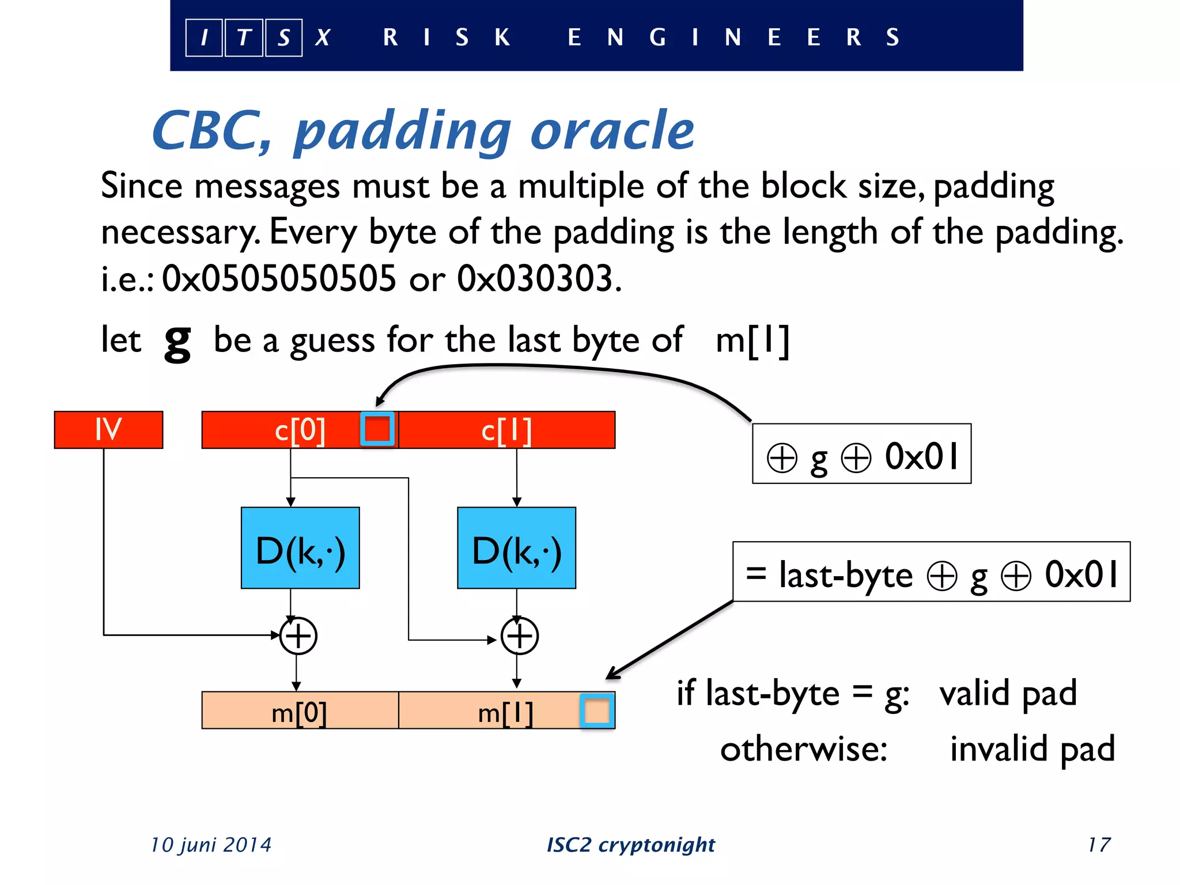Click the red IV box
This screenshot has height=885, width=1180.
[108, 429]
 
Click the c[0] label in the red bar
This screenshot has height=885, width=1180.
[300, 430]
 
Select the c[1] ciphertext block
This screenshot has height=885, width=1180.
[506, 430]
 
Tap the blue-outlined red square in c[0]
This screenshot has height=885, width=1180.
[377, 429]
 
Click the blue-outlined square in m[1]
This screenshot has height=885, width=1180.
[597, 711]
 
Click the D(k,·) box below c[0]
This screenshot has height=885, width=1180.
[300, 548]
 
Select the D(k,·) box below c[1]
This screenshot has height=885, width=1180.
[516, 548]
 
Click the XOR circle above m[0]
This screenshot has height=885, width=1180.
[298, 636]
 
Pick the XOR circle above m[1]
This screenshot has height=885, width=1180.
[519, 636]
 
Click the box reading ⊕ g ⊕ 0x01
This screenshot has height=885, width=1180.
[861, 455]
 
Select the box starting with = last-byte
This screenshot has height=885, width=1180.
[931, 572]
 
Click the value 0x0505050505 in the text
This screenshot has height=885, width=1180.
[279, 279]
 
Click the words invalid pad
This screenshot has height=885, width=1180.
[1032, 748]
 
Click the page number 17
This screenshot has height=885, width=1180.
[1099, 845]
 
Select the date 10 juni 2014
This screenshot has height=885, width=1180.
[211, 845]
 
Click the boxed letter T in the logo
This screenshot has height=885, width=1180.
[244, 37]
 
